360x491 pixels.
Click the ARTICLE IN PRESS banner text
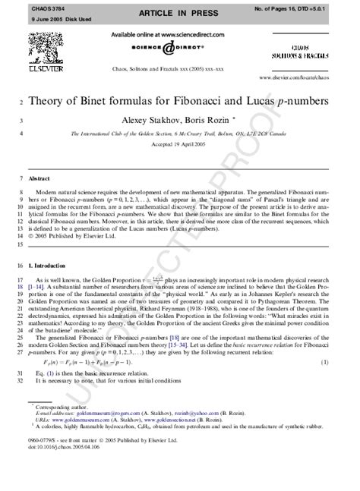[x=180, y=14]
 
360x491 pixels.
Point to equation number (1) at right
[x=325, y=364]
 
